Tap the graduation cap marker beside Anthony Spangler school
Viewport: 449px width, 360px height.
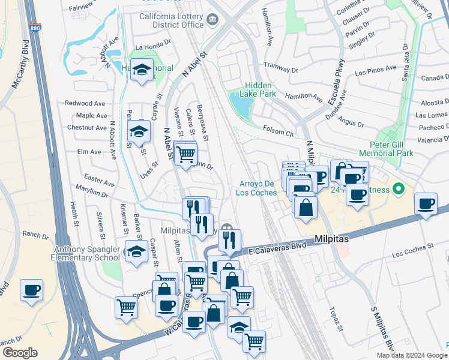point(136,251)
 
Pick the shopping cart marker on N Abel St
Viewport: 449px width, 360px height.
point(185,154)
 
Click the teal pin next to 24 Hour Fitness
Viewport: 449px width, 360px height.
point(399,190)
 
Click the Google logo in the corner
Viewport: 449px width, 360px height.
point(20,353)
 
